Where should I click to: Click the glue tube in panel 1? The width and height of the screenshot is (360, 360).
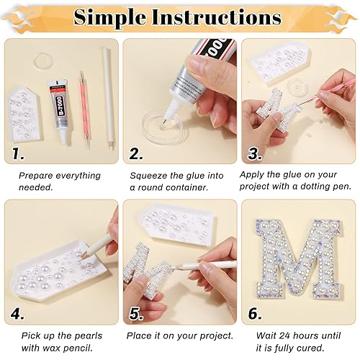(58, 108)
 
